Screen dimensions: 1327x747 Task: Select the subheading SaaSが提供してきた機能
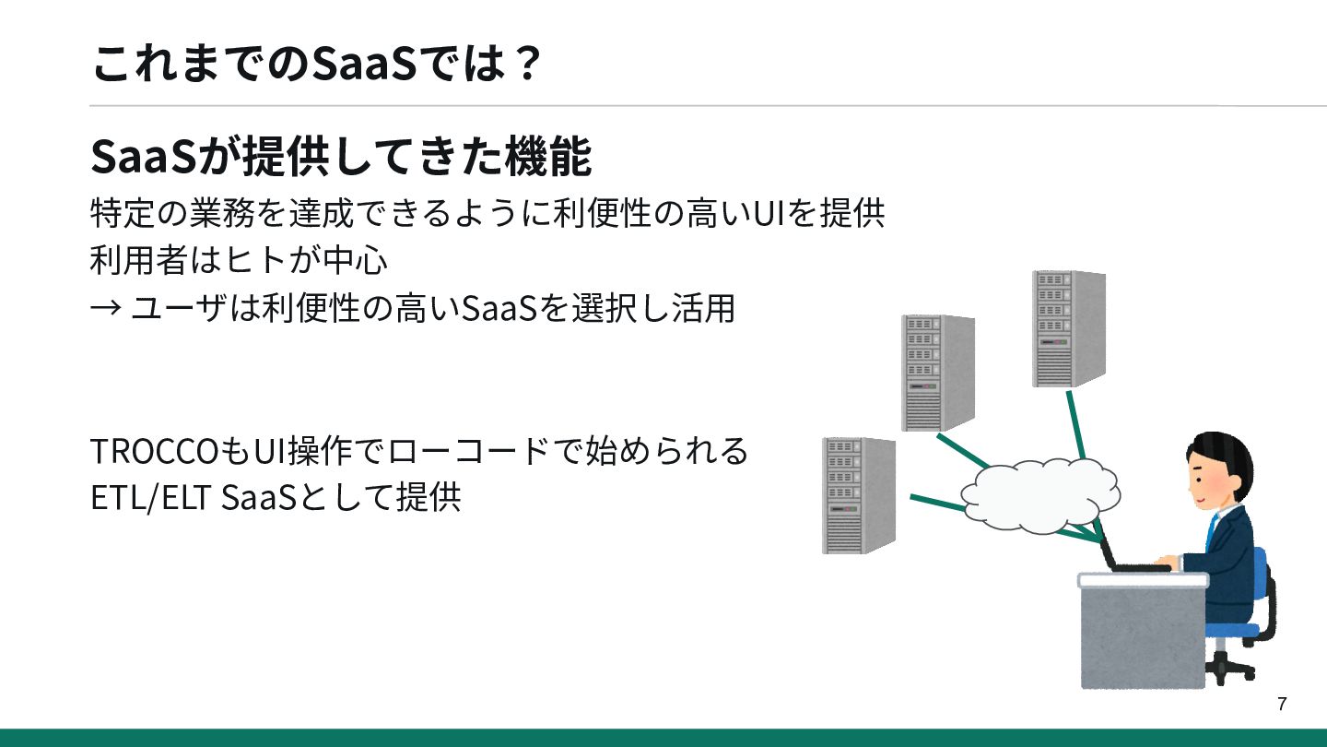[340, 157]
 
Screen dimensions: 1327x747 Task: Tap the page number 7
[1282, 705]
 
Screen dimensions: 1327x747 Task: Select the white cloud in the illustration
[1038, 494]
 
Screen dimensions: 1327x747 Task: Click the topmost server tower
[1067, 328]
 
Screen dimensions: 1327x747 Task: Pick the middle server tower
[936, 373]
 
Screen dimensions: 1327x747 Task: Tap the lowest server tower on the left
[857, 495]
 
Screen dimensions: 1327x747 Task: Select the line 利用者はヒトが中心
[239, 261]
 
